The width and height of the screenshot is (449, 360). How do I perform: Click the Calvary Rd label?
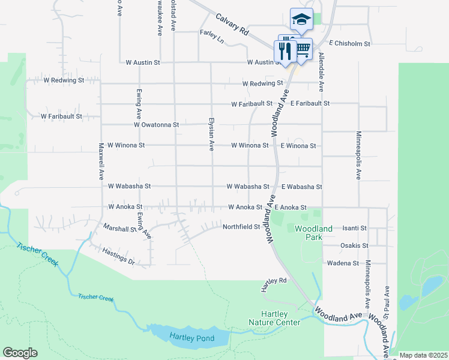[x=232, y=25]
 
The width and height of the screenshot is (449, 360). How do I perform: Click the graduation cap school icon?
[x=301, y=19]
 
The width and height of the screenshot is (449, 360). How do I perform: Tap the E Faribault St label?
[x=310, y=104]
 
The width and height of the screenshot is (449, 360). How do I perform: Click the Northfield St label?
[x=241, y=227]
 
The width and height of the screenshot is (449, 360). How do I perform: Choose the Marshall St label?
[x=120, y=229]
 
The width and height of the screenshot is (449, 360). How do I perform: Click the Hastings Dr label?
[x=118, y=256]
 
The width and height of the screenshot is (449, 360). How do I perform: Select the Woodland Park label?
[x=310, y=233]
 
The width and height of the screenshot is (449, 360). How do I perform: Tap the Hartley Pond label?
[x=191, y=338]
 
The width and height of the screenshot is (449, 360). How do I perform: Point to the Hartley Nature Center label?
[x=274, y=319]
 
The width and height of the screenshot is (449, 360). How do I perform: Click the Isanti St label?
[x=354, y=229]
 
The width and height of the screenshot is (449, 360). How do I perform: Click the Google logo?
[x=20, y=353]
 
